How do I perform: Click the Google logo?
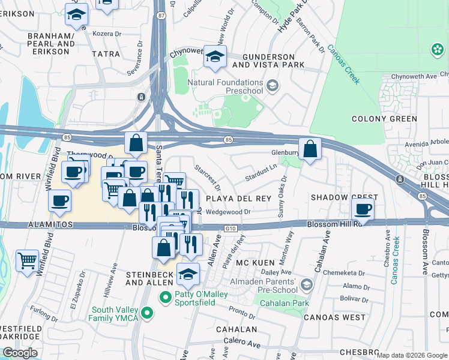[20, 353]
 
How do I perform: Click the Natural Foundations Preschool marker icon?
[273, 86]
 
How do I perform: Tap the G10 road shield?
[231, 229]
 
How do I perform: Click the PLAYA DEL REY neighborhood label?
[238, 198]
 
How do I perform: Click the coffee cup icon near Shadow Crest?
[363, 209]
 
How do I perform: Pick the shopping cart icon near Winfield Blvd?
[27, 261]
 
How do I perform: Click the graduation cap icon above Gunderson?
[214, 57]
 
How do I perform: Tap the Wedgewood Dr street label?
[228, 212]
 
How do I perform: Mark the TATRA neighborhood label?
[106, 54]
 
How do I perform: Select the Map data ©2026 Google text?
[411, 355]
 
